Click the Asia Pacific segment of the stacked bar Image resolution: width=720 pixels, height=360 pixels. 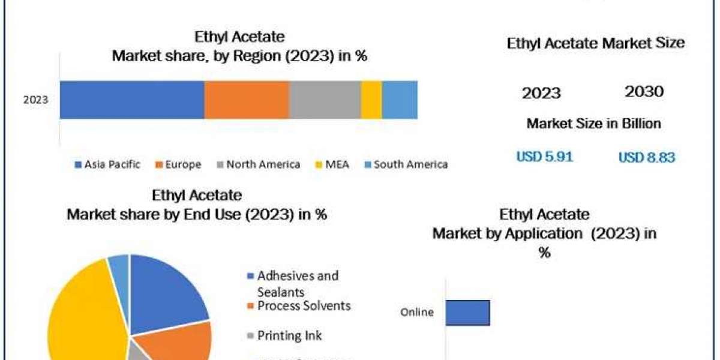click(132, 100)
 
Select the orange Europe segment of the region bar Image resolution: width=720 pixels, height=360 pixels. click(247, 100)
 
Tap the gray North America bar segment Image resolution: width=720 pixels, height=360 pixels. click(325, 100)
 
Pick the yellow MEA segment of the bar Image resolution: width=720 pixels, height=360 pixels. click(371, 100)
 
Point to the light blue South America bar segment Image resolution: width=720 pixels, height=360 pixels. click(400, 100)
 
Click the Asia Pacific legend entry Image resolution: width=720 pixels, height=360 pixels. click(108, 164)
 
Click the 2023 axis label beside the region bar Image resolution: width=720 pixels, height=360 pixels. click(35, 100)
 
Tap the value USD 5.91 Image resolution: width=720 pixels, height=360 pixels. click(545, 157)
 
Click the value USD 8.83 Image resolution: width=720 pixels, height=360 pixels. click(647, 157)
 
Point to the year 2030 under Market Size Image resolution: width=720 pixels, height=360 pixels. click(644, 92)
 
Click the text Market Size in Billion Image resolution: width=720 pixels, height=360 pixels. click(593, 124)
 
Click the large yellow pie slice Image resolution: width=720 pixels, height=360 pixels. click(84, 312)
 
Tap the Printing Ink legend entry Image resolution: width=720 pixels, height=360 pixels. click(289, 335)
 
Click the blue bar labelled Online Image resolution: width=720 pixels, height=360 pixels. click(467, 313)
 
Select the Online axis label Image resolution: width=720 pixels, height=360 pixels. click(416, 312)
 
